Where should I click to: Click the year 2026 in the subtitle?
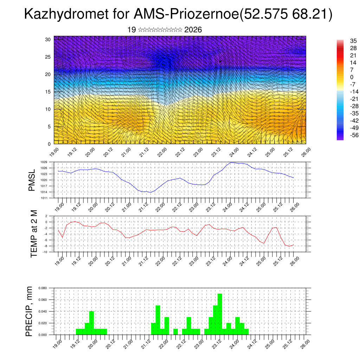coord(193,30)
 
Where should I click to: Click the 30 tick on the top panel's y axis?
coord(48,39)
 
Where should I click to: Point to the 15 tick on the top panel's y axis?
coord(48,92)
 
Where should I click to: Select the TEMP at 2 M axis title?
coord(33,234)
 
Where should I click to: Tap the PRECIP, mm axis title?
coord(30,311)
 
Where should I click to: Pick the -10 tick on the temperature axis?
coord(45,252)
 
